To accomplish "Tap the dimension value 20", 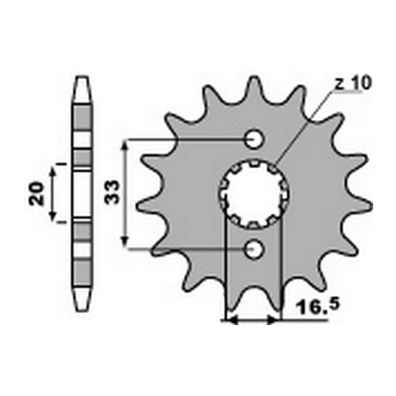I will tap(36, 194).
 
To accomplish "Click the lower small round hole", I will tap(254, 249).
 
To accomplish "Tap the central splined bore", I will tap(252, 194).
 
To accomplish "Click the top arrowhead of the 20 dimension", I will tap(55, 172).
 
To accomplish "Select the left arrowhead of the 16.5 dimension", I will tap(231, 321).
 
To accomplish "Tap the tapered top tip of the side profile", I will tap(81, 83).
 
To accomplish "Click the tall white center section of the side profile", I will tap(81, 194).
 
